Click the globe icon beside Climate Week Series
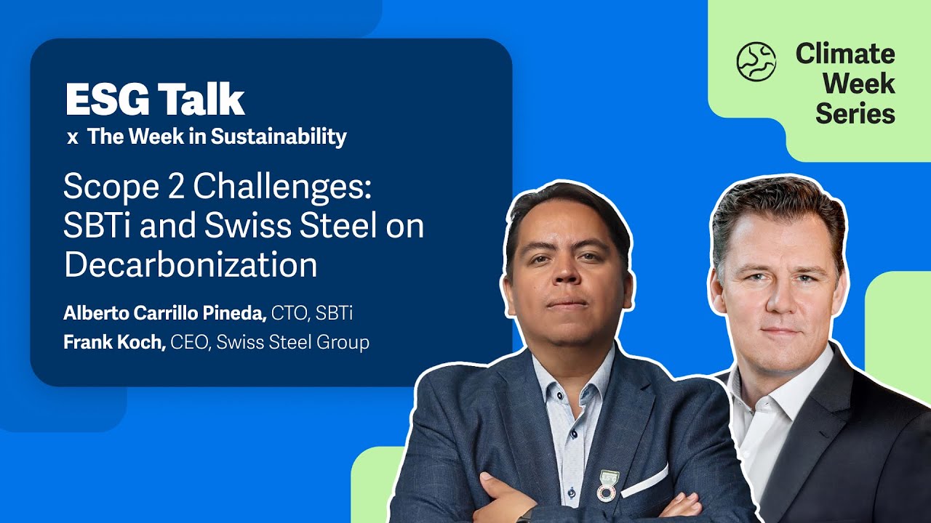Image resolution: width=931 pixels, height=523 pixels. coord(756,61)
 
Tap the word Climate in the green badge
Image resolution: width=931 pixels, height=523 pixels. coord(844,54)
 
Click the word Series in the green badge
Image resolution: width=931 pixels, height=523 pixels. coord(855,113)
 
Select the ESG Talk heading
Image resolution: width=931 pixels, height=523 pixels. coord(155,100)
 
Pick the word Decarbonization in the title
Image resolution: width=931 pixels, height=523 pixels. coord(191,265)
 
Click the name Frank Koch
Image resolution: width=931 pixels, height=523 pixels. coord(114,342)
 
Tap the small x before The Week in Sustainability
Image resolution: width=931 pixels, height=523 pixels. coord(72,138)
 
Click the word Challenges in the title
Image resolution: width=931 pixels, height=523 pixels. coord(283,188)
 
